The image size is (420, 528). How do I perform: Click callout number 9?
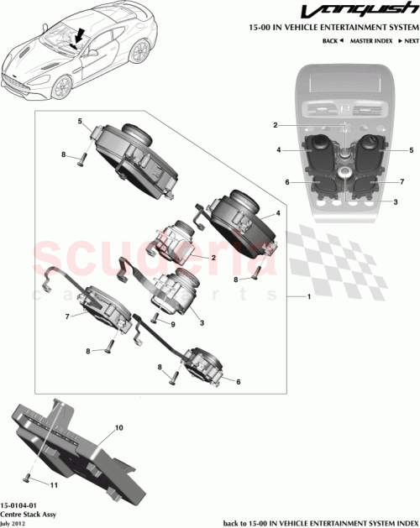tap(172, 324)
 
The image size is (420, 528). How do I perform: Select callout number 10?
tap(118, 428)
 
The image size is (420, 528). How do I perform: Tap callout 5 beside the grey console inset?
tap(412, 150)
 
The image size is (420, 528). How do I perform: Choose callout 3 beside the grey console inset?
tap(395, 202)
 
